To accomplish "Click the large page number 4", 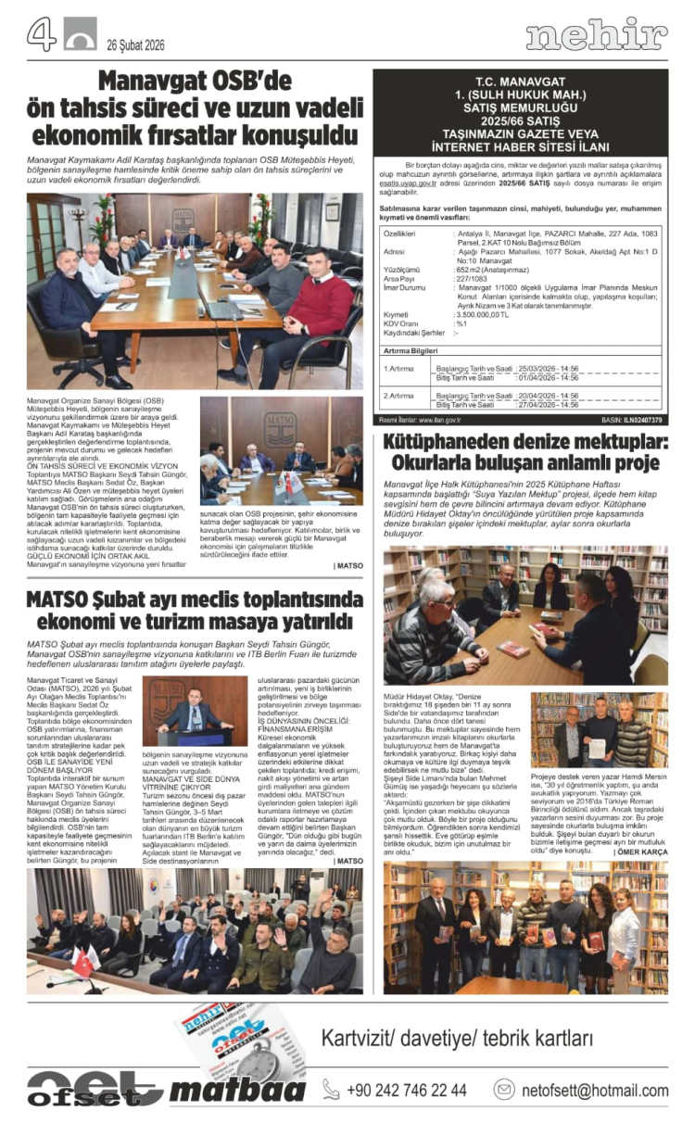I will coord(41,34).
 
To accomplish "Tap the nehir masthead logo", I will coord(597,35).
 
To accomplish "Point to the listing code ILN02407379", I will coord(642,420).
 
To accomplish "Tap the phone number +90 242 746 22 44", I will coord(407,1090).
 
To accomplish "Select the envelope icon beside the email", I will coord(504,1090).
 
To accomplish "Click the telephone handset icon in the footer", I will coord(331,1090).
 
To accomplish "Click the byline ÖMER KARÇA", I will coord(641,852).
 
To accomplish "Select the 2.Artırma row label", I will coord(399,395).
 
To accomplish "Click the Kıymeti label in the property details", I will coord(398,314).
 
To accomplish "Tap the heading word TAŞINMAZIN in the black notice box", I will coord(453,133).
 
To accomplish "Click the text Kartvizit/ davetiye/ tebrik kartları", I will coord(457,1038).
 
